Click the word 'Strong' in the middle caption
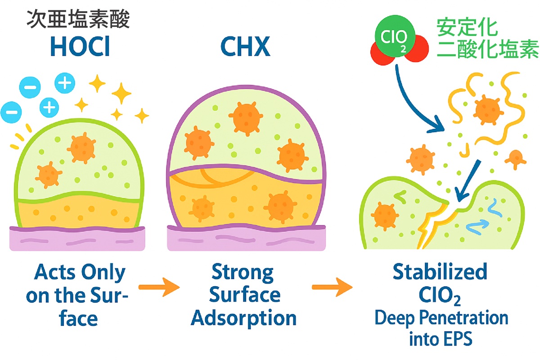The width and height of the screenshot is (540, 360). (x=243, y=273)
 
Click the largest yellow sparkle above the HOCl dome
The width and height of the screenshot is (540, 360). (x=121, y=94)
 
